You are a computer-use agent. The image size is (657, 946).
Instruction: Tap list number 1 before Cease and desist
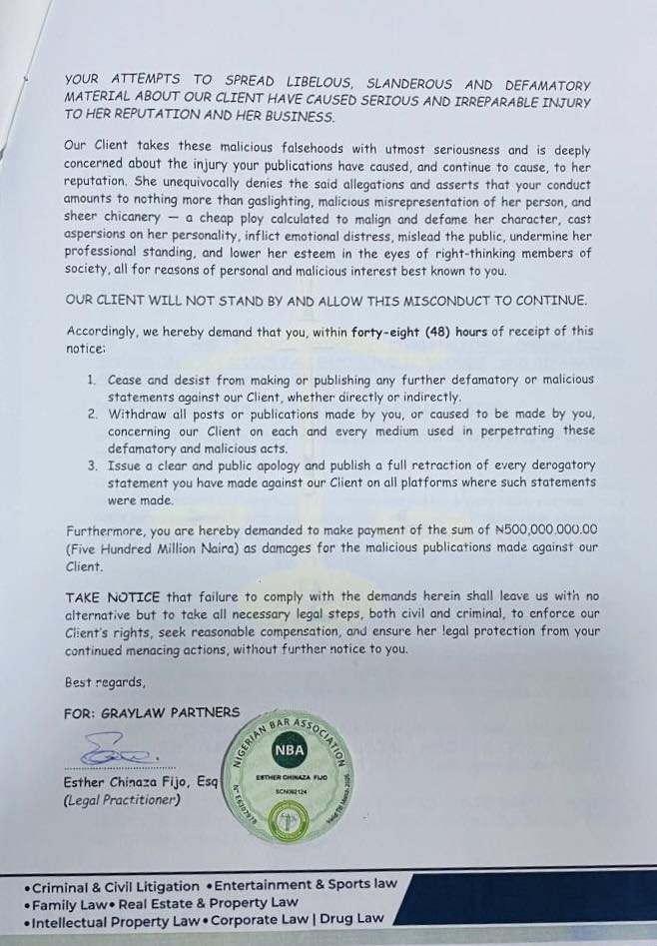91,380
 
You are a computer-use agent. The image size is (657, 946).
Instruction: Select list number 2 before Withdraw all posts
91,413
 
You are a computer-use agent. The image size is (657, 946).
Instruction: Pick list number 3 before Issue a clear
91,465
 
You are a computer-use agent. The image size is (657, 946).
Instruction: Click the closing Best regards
105,683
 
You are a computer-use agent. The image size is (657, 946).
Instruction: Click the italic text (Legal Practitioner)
122,800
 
